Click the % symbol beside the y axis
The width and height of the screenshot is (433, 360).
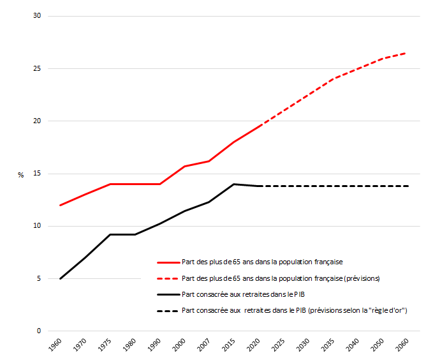[x=20, y=174]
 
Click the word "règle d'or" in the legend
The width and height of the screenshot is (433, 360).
[x=386, y=311]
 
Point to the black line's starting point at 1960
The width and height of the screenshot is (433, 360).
[x=61, y=278]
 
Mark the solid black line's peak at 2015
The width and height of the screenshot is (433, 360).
[x=234, y=184]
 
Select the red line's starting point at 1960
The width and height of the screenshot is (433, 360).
[x=61, y=205]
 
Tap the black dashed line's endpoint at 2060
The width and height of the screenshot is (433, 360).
[x=407, y=186]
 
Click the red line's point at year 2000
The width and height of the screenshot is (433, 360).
[x=184, y=167]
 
